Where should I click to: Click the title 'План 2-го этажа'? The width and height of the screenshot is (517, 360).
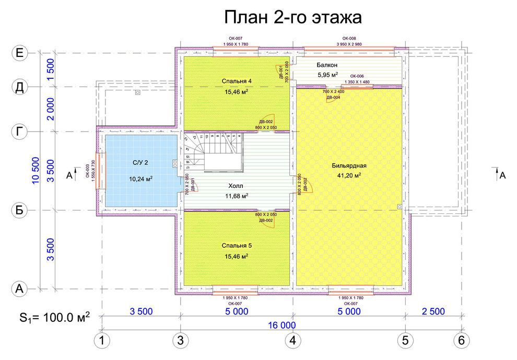pyautogui.click(x=293, y=17)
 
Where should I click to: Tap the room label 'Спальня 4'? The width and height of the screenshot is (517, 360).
pyautogui.click(x=237, y=81)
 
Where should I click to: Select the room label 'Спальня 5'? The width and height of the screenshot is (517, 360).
pyautogui.click(x=237, y=245)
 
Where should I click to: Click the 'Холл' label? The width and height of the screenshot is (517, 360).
pyautogui.click(x=237, y=186)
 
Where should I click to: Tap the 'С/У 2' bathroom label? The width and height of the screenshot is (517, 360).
pyautogui.click(x=140, y=163)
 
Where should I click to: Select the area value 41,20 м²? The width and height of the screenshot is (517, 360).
pyautogui.click(x=349, y=176)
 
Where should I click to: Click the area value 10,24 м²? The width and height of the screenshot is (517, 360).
pyautogui.click(x=140, y=178)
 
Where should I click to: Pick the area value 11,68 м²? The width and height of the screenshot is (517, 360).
pyautogui.click(x=237, y=196)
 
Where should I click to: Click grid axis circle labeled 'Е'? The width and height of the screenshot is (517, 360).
pyautogui.click(x=20, y=53)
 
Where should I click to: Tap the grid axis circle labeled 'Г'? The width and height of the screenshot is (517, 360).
pyautogui.click(x=20, y=132)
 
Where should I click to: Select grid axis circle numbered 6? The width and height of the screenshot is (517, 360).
pyautogui.click(x=461, y=341)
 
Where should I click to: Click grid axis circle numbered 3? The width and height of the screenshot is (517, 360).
pyautogui.click(x=181, y=341)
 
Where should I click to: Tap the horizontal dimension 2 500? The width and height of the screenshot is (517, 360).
pyautogui.click(x=433, y=312)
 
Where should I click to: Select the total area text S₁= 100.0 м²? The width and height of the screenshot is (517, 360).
pyautogui.click(x=55, y=317)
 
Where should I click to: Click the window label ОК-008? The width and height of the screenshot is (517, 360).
pyautogui.click(x=349, y=39)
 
